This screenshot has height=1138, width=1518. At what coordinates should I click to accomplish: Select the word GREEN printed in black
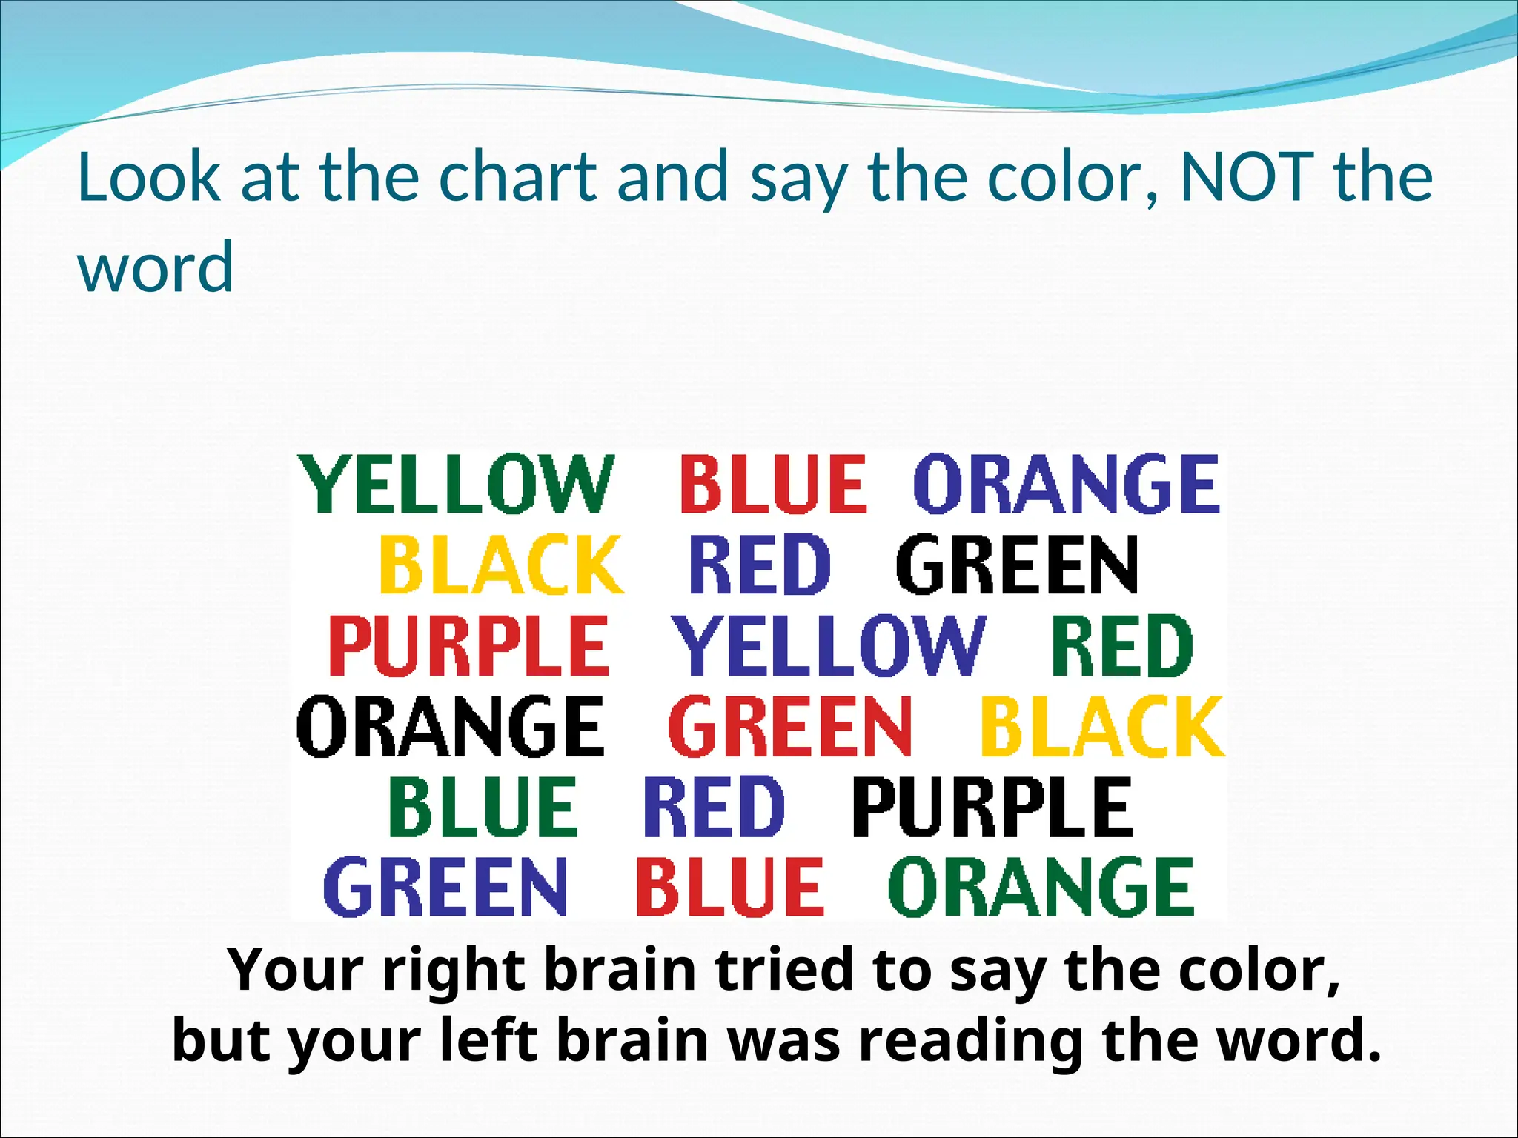[1017, 565]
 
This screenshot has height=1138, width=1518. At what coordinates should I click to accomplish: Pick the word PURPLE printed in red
[468, 645]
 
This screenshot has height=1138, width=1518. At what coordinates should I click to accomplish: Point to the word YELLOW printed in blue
[829, 645]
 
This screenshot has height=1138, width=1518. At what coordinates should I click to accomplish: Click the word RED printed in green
[1121, 645]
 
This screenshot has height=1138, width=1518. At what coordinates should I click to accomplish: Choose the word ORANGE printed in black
[451, 726]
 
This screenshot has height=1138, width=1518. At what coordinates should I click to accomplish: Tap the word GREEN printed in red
[790, 726]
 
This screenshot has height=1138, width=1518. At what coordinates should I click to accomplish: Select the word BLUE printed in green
[483, 807]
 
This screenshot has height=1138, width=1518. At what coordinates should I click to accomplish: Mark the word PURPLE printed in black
[992, 807]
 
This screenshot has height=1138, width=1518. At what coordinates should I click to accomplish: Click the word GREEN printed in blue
[445, 887]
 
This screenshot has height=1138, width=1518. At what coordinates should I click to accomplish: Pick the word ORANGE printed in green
[1041, 887]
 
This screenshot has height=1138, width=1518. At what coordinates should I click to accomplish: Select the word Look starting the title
[149, 177]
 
